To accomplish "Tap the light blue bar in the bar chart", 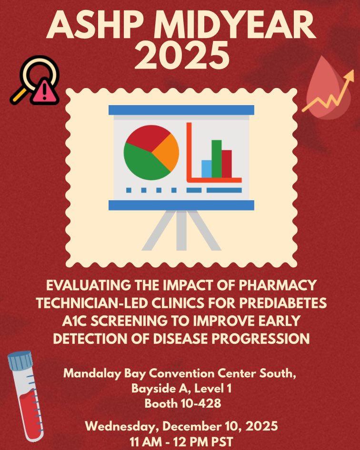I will (x=206, y=169).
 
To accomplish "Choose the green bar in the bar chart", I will (x=217, y=158).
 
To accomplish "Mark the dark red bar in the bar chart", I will (x=227, y=164).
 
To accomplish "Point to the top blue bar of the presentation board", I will (x=181, y=110).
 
